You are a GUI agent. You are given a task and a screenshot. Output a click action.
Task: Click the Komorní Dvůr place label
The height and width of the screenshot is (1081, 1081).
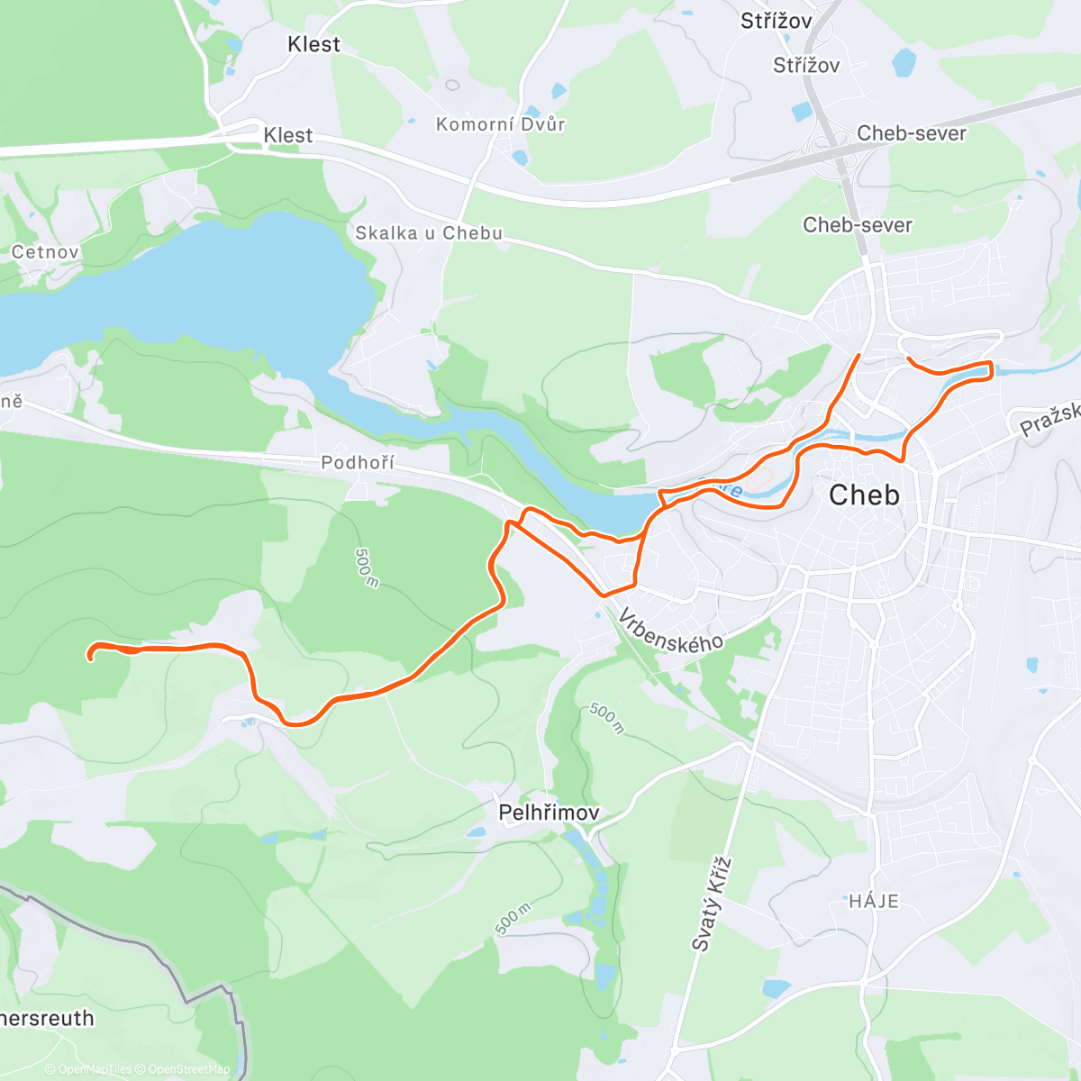coord(500,124)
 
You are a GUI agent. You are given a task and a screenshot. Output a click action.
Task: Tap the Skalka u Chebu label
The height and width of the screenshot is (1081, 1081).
coord(429,233)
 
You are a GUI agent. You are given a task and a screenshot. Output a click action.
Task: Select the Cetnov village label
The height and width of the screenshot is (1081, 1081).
coord(45,252)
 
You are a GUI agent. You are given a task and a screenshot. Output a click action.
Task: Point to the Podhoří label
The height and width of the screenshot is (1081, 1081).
coord(358,463)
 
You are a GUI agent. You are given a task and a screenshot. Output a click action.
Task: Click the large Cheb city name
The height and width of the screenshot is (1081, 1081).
coord(864,495)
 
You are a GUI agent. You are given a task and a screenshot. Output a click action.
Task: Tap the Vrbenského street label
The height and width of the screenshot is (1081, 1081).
coord(671,630)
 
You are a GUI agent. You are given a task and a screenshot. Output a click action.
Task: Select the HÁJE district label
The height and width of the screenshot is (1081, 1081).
coord(874,901)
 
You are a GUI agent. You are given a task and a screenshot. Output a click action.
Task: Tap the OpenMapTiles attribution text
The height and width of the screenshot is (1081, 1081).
coord(95,1069)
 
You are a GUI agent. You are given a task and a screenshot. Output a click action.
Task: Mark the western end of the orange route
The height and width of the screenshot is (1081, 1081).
coord(90,657)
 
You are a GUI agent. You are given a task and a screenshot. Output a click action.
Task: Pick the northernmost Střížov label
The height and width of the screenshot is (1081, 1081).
coord(776,21)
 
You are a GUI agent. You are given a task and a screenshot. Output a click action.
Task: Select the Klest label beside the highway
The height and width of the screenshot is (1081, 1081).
coord(288,135)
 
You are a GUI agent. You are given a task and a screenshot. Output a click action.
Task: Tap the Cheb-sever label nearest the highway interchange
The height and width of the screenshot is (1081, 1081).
coord(911,133)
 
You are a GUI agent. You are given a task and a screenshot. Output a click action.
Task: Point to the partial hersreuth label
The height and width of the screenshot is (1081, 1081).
coord(47,1019)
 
